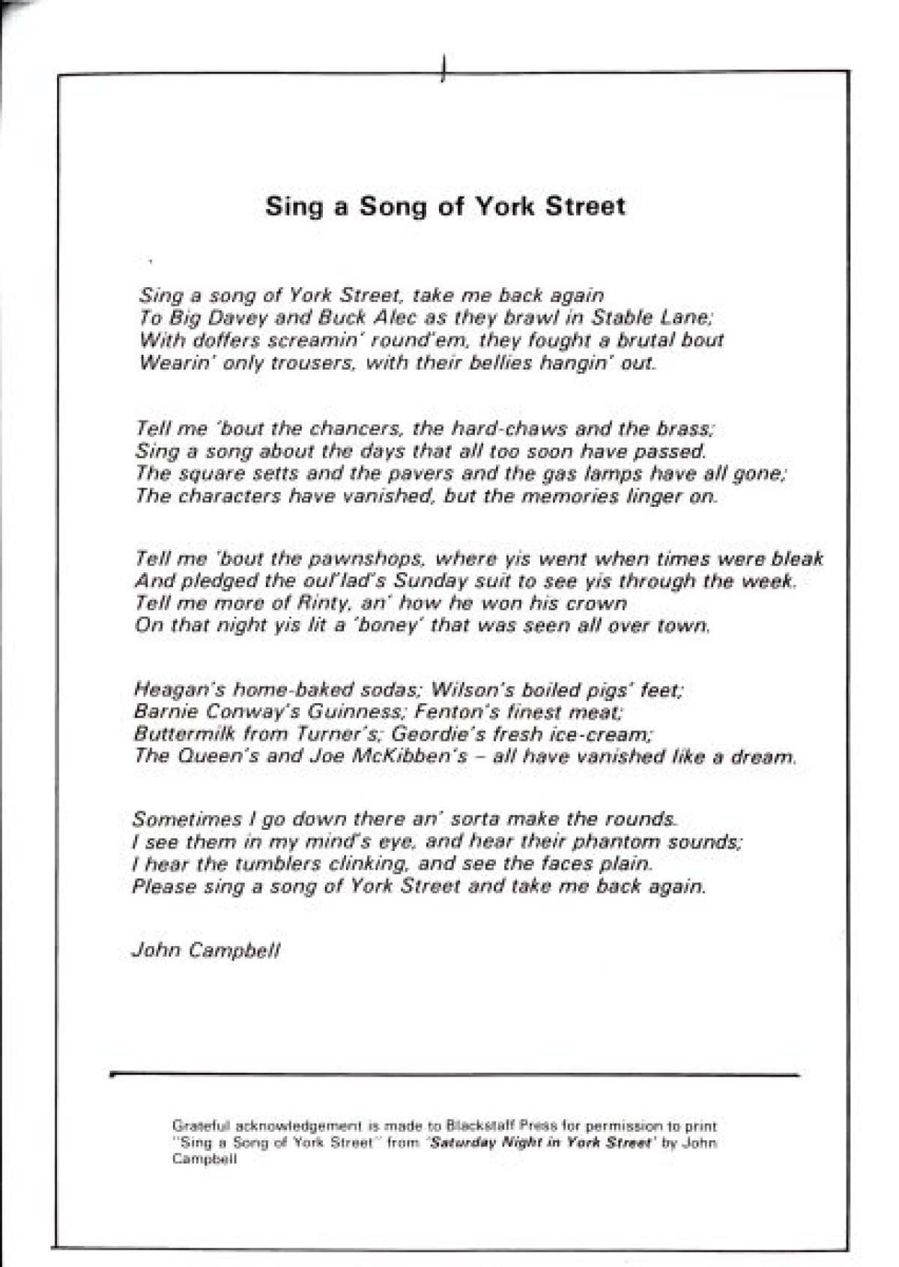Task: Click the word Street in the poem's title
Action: [x=585, y=206]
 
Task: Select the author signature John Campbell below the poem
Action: [x=206, y=950]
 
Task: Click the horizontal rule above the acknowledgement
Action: [x=455, y=1075]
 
